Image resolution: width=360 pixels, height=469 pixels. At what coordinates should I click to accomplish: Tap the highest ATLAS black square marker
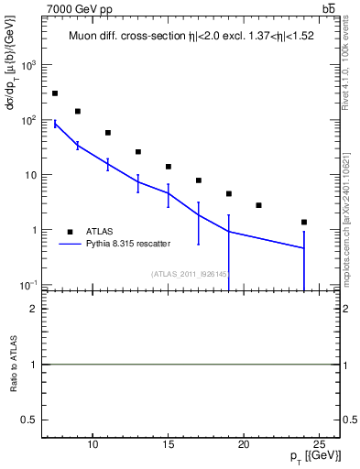(55, 93)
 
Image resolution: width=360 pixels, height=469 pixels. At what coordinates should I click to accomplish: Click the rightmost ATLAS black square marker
(304, 222)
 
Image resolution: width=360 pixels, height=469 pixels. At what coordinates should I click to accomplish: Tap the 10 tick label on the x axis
(93, 444)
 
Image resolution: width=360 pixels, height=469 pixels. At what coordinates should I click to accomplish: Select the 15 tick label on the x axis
(168, 444)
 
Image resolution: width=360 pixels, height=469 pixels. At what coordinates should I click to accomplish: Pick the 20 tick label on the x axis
(244, 444)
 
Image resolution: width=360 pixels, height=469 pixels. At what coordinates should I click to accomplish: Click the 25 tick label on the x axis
(319, 444)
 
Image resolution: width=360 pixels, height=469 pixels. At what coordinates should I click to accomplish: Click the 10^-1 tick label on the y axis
(28, 285)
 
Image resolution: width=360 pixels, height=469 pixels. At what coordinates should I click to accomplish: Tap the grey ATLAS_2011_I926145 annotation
(190, 274)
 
